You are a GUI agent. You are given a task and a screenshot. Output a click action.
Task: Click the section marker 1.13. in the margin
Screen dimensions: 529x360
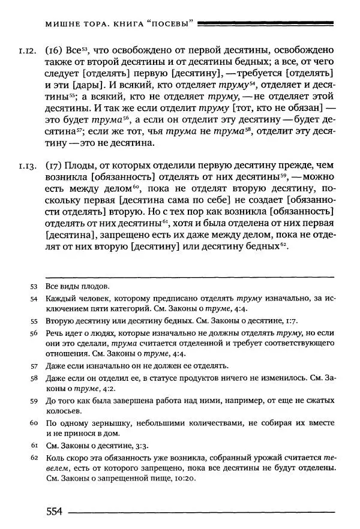[x=28, y=166]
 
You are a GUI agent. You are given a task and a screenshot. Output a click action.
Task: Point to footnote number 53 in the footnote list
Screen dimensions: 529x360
[x=33, y=286]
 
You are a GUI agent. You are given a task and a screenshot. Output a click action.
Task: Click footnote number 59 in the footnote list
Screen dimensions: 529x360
[x=33, y=399]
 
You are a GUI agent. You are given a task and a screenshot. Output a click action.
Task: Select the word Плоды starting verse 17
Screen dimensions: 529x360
[x=80, y=166]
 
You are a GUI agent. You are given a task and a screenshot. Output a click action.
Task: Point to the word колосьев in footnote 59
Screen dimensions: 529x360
[x=64, y=411]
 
